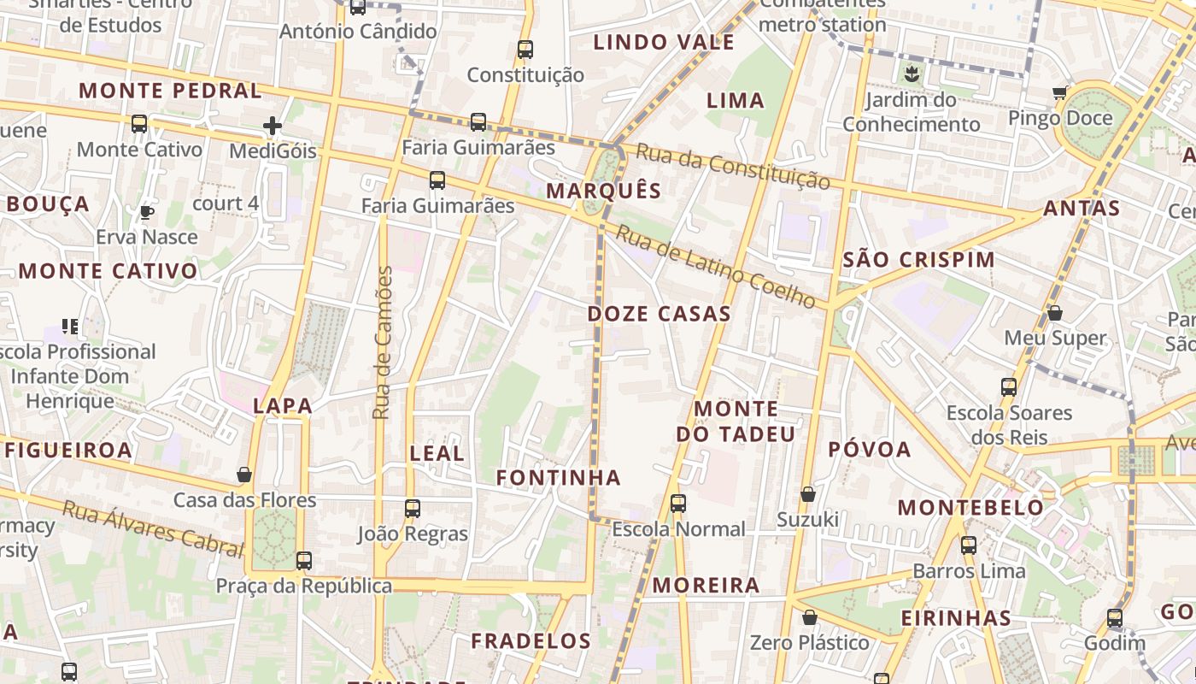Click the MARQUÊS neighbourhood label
[x=604, y=190]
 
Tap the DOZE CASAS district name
[x=659, y=314]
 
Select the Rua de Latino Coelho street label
[x=717, y=266]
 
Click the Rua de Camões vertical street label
[x=384, y=342]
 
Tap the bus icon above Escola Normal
[x=678, y=503]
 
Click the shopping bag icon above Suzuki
[x=807, y=494]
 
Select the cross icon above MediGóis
[x=273, y=127]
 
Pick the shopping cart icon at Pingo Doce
[x=1060, y=92]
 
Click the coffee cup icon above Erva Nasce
[x=147, y=211]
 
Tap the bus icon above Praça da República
[x=304, y=561]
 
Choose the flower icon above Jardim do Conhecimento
[x=912, y=74]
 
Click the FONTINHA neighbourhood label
[x=559, y=477]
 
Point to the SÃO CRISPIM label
[x=918, y=259]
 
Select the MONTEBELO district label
[x=970, y=507]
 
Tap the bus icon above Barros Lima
[x=969, y=545]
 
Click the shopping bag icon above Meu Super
[x=1055, y=313]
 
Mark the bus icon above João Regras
[x=413, y=508]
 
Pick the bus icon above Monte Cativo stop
[x=139, y=124]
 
